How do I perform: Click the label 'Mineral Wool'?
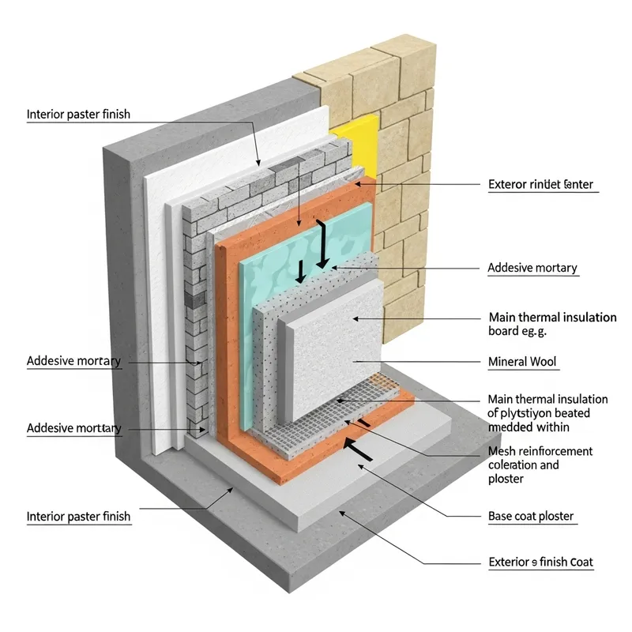pos(523,362)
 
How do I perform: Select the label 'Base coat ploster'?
pos(531,517)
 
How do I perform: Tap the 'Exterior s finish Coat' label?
pos(540,562)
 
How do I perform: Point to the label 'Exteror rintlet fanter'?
pos(540,186)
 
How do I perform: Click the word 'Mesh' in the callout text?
pos(502,451)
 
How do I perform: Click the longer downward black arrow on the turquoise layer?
pos(322,246)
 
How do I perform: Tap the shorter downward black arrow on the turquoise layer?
pos(300,271)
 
